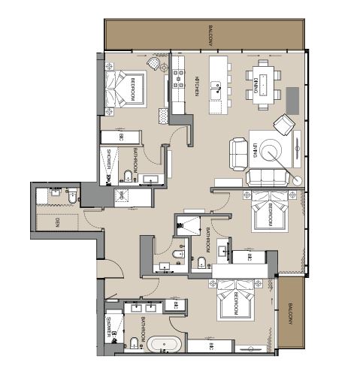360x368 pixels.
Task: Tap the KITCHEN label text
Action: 196,86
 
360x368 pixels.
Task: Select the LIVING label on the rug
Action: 256,152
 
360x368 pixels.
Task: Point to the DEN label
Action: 58,223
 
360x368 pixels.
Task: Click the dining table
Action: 263,87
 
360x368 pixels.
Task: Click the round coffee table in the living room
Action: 276,152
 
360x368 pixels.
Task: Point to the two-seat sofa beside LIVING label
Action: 237,151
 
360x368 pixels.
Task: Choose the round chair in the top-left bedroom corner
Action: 155,66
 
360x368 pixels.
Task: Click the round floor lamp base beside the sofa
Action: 298,180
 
